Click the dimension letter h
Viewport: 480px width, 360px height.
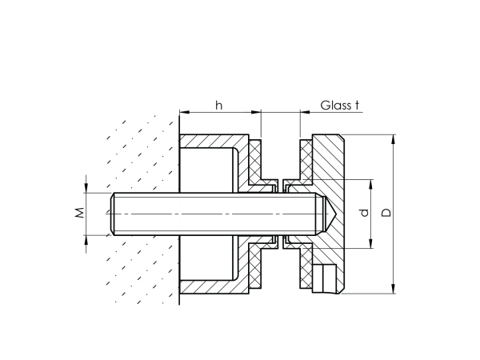pyautogui.click(x=218, y=104)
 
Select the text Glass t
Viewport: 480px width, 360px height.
pyautogui.click(x=340, y=105)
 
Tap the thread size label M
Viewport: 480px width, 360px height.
pyautogui.click(x=79, y=213)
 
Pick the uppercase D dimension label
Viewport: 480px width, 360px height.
pyautogui.click(x=386, y=214)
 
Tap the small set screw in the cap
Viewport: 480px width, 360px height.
pyautogui.click(x=326, y=279)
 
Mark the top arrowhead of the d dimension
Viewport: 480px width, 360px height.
pyautogui.click(x=371, y=183)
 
